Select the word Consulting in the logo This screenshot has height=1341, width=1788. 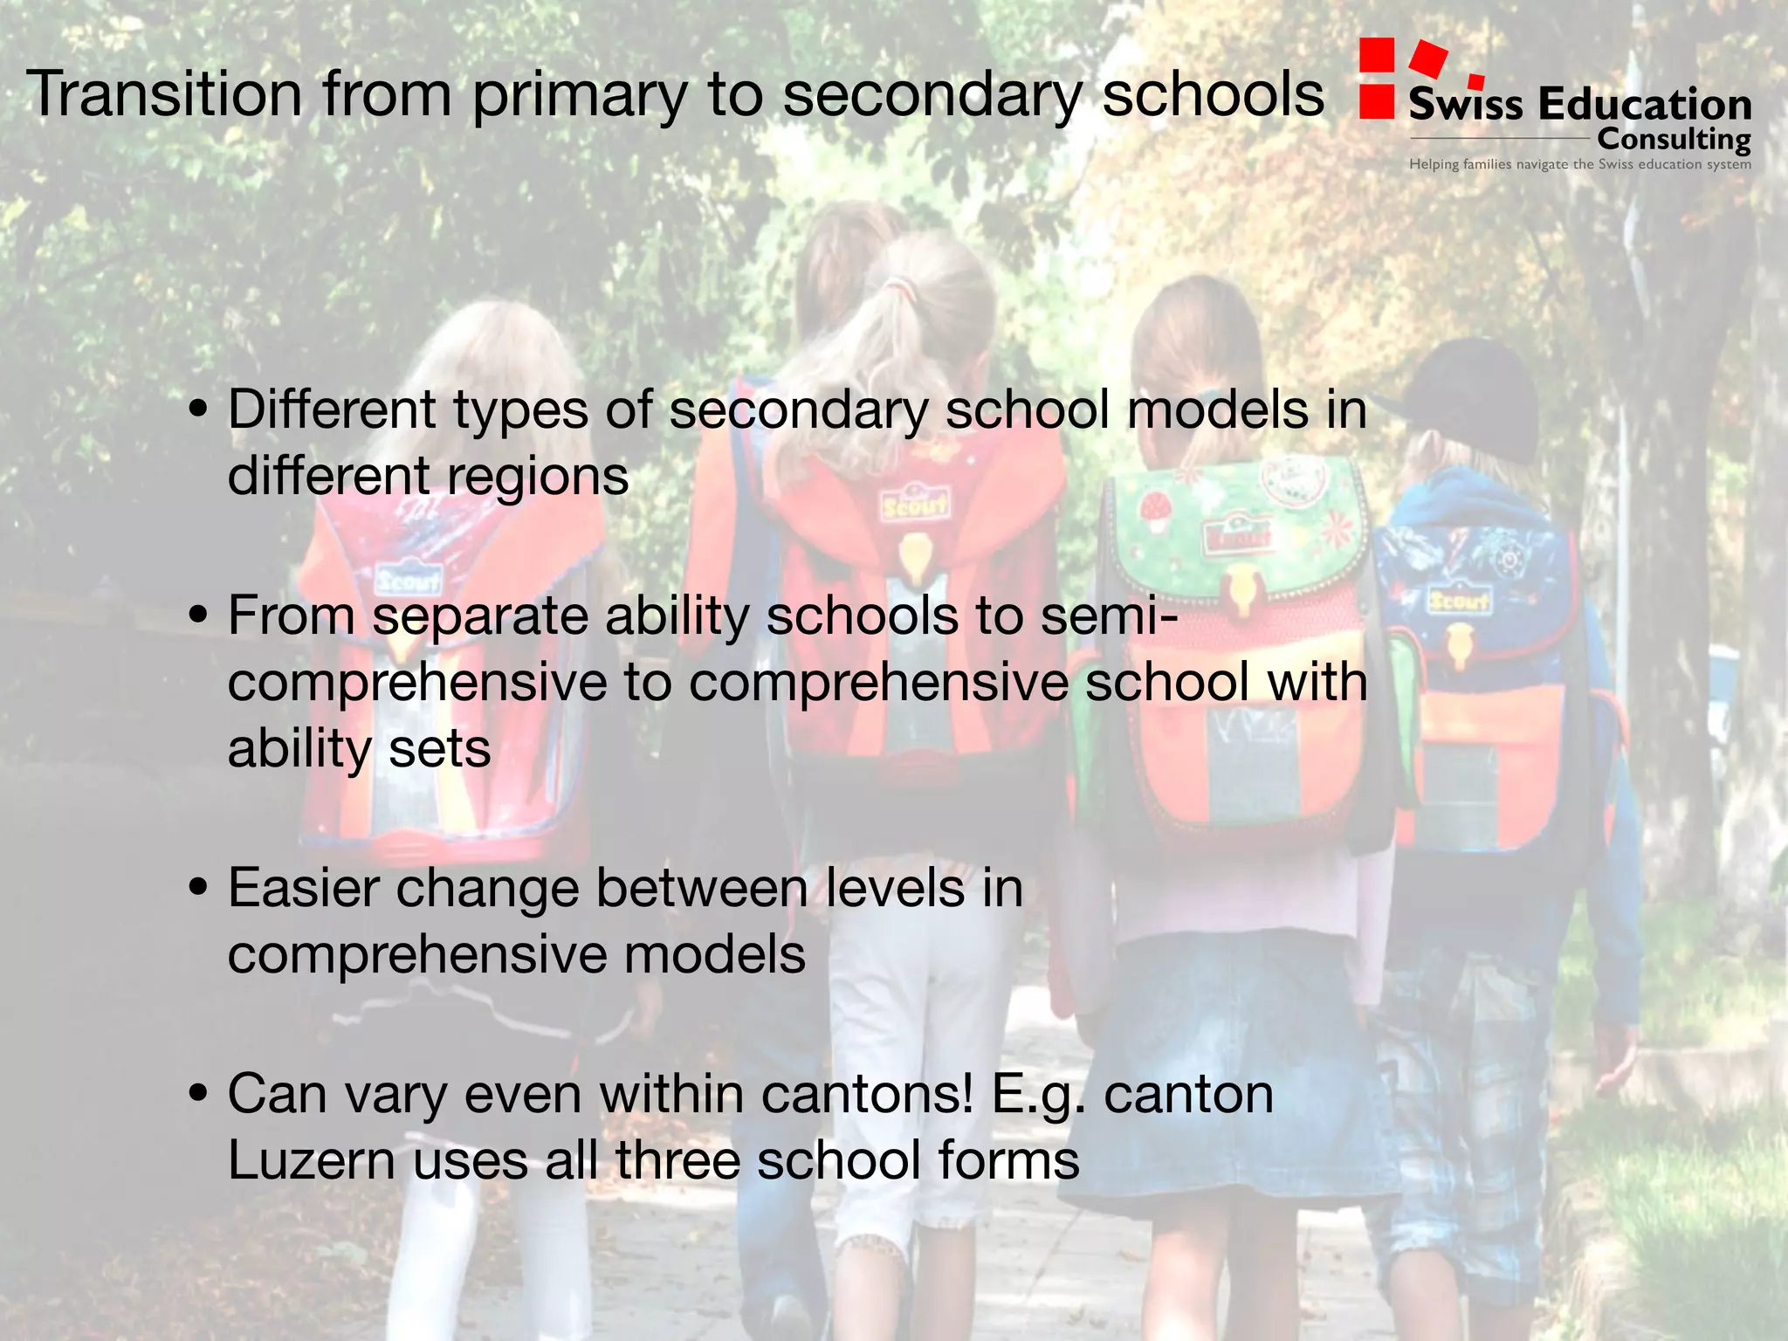tap(1673, 140)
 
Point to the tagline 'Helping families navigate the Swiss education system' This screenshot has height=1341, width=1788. tap(1579, 164)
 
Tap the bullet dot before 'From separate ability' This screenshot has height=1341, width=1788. tap(199, 615)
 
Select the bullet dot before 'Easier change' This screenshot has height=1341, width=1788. tap(199, 888)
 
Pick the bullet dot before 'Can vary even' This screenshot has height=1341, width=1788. tap(199, 1093)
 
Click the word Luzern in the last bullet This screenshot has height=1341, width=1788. tap(312, 1160)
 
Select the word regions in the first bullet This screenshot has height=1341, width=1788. tap(537, 478)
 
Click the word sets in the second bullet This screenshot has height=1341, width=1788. tap(439, 748)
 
